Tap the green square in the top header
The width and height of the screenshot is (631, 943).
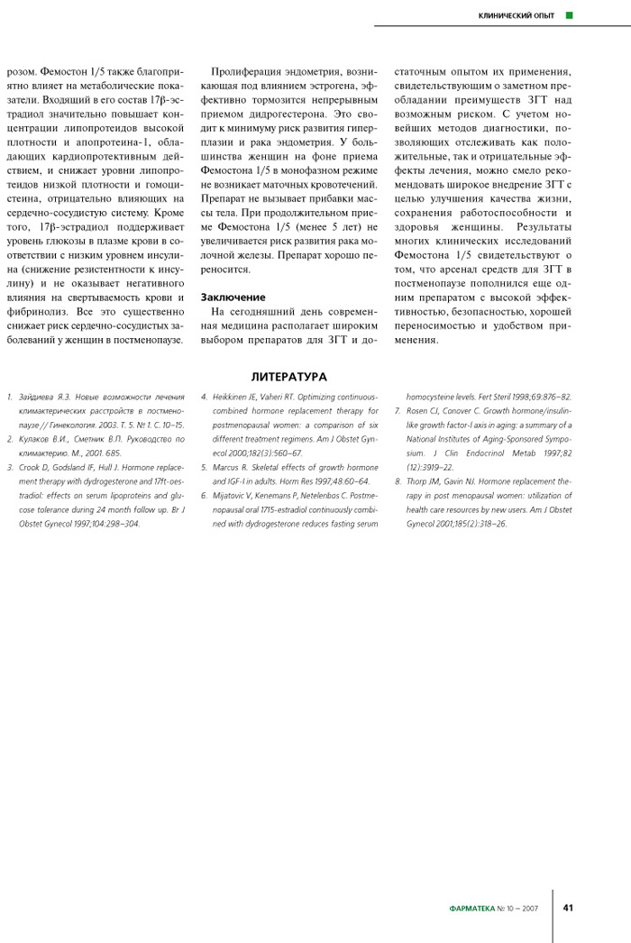(x=569, y=15)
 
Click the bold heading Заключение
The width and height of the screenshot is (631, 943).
(x=233, y=297)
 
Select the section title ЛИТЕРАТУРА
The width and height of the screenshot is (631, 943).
(x=289, y=377)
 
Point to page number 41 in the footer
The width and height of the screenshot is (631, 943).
(x=569, y=908)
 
